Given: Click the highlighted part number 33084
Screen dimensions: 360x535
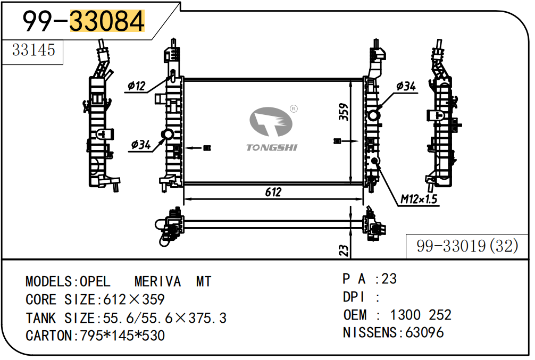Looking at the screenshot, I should tap(107, 21).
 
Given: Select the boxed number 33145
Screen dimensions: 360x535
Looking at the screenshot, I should tap(34, 50).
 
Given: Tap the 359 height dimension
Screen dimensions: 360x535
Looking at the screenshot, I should tap(344, 112).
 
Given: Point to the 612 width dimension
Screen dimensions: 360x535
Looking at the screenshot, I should tap(273, 192).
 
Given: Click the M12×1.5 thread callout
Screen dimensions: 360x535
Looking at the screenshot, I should tap(419, 199).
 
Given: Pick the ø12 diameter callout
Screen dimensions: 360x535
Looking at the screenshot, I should tap(136, 86).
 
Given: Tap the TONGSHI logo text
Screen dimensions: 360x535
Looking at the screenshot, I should tap(271, 147).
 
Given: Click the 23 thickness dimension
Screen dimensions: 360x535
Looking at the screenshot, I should tap(344, 250).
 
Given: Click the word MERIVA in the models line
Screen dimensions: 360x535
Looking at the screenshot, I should tap(157, 281).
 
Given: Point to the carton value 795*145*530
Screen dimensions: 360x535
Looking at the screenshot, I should tap(122, 336).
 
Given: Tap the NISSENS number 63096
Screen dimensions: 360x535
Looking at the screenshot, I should tap(424, 333).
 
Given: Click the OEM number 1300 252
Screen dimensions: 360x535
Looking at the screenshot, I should tap(421, 315).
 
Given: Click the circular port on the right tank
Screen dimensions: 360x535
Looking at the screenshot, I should tap(374, 115).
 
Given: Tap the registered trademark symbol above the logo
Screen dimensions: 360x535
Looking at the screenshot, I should tap(293, 109).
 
